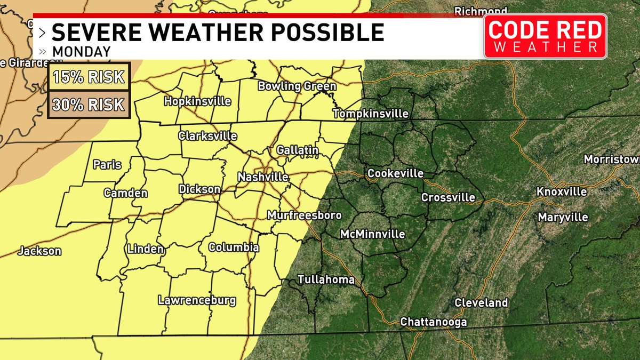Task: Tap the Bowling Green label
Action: [297, 86]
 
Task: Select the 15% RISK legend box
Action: [89, 77]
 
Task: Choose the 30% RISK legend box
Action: [89, 104]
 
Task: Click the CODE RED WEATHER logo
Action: [545, 36]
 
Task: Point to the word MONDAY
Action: [81, 52]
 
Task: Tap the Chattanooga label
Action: [433, 322]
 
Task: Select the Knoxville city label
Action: [561, 191]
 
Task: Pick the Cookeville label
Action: [395, 173]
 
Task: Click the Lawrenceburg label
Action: [197, 300]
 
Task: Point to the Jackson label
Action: [39, 251]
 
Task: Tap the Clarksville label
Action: [207, 135]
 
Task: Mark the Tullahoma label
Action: [325, 279]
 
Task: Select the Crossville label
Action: [448, 197]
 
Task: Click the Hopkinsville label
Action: [197, 101]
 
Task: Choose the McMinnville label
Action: [373, 234]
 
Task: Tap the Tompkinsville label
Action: [370, 114]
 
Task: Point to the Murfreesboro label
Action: [304, 215]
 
